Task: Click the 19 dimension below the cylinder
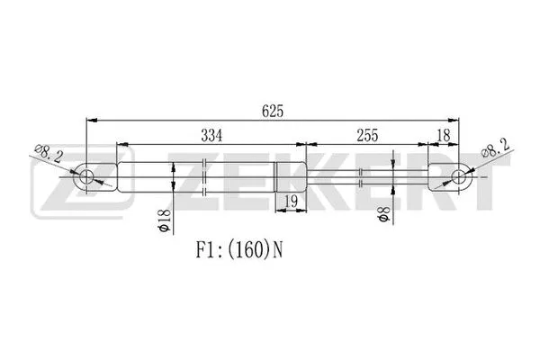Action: [290, 201]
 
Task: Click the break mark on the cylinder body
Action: [206, 176]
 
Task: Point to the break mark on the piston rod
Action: [360, 176]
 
